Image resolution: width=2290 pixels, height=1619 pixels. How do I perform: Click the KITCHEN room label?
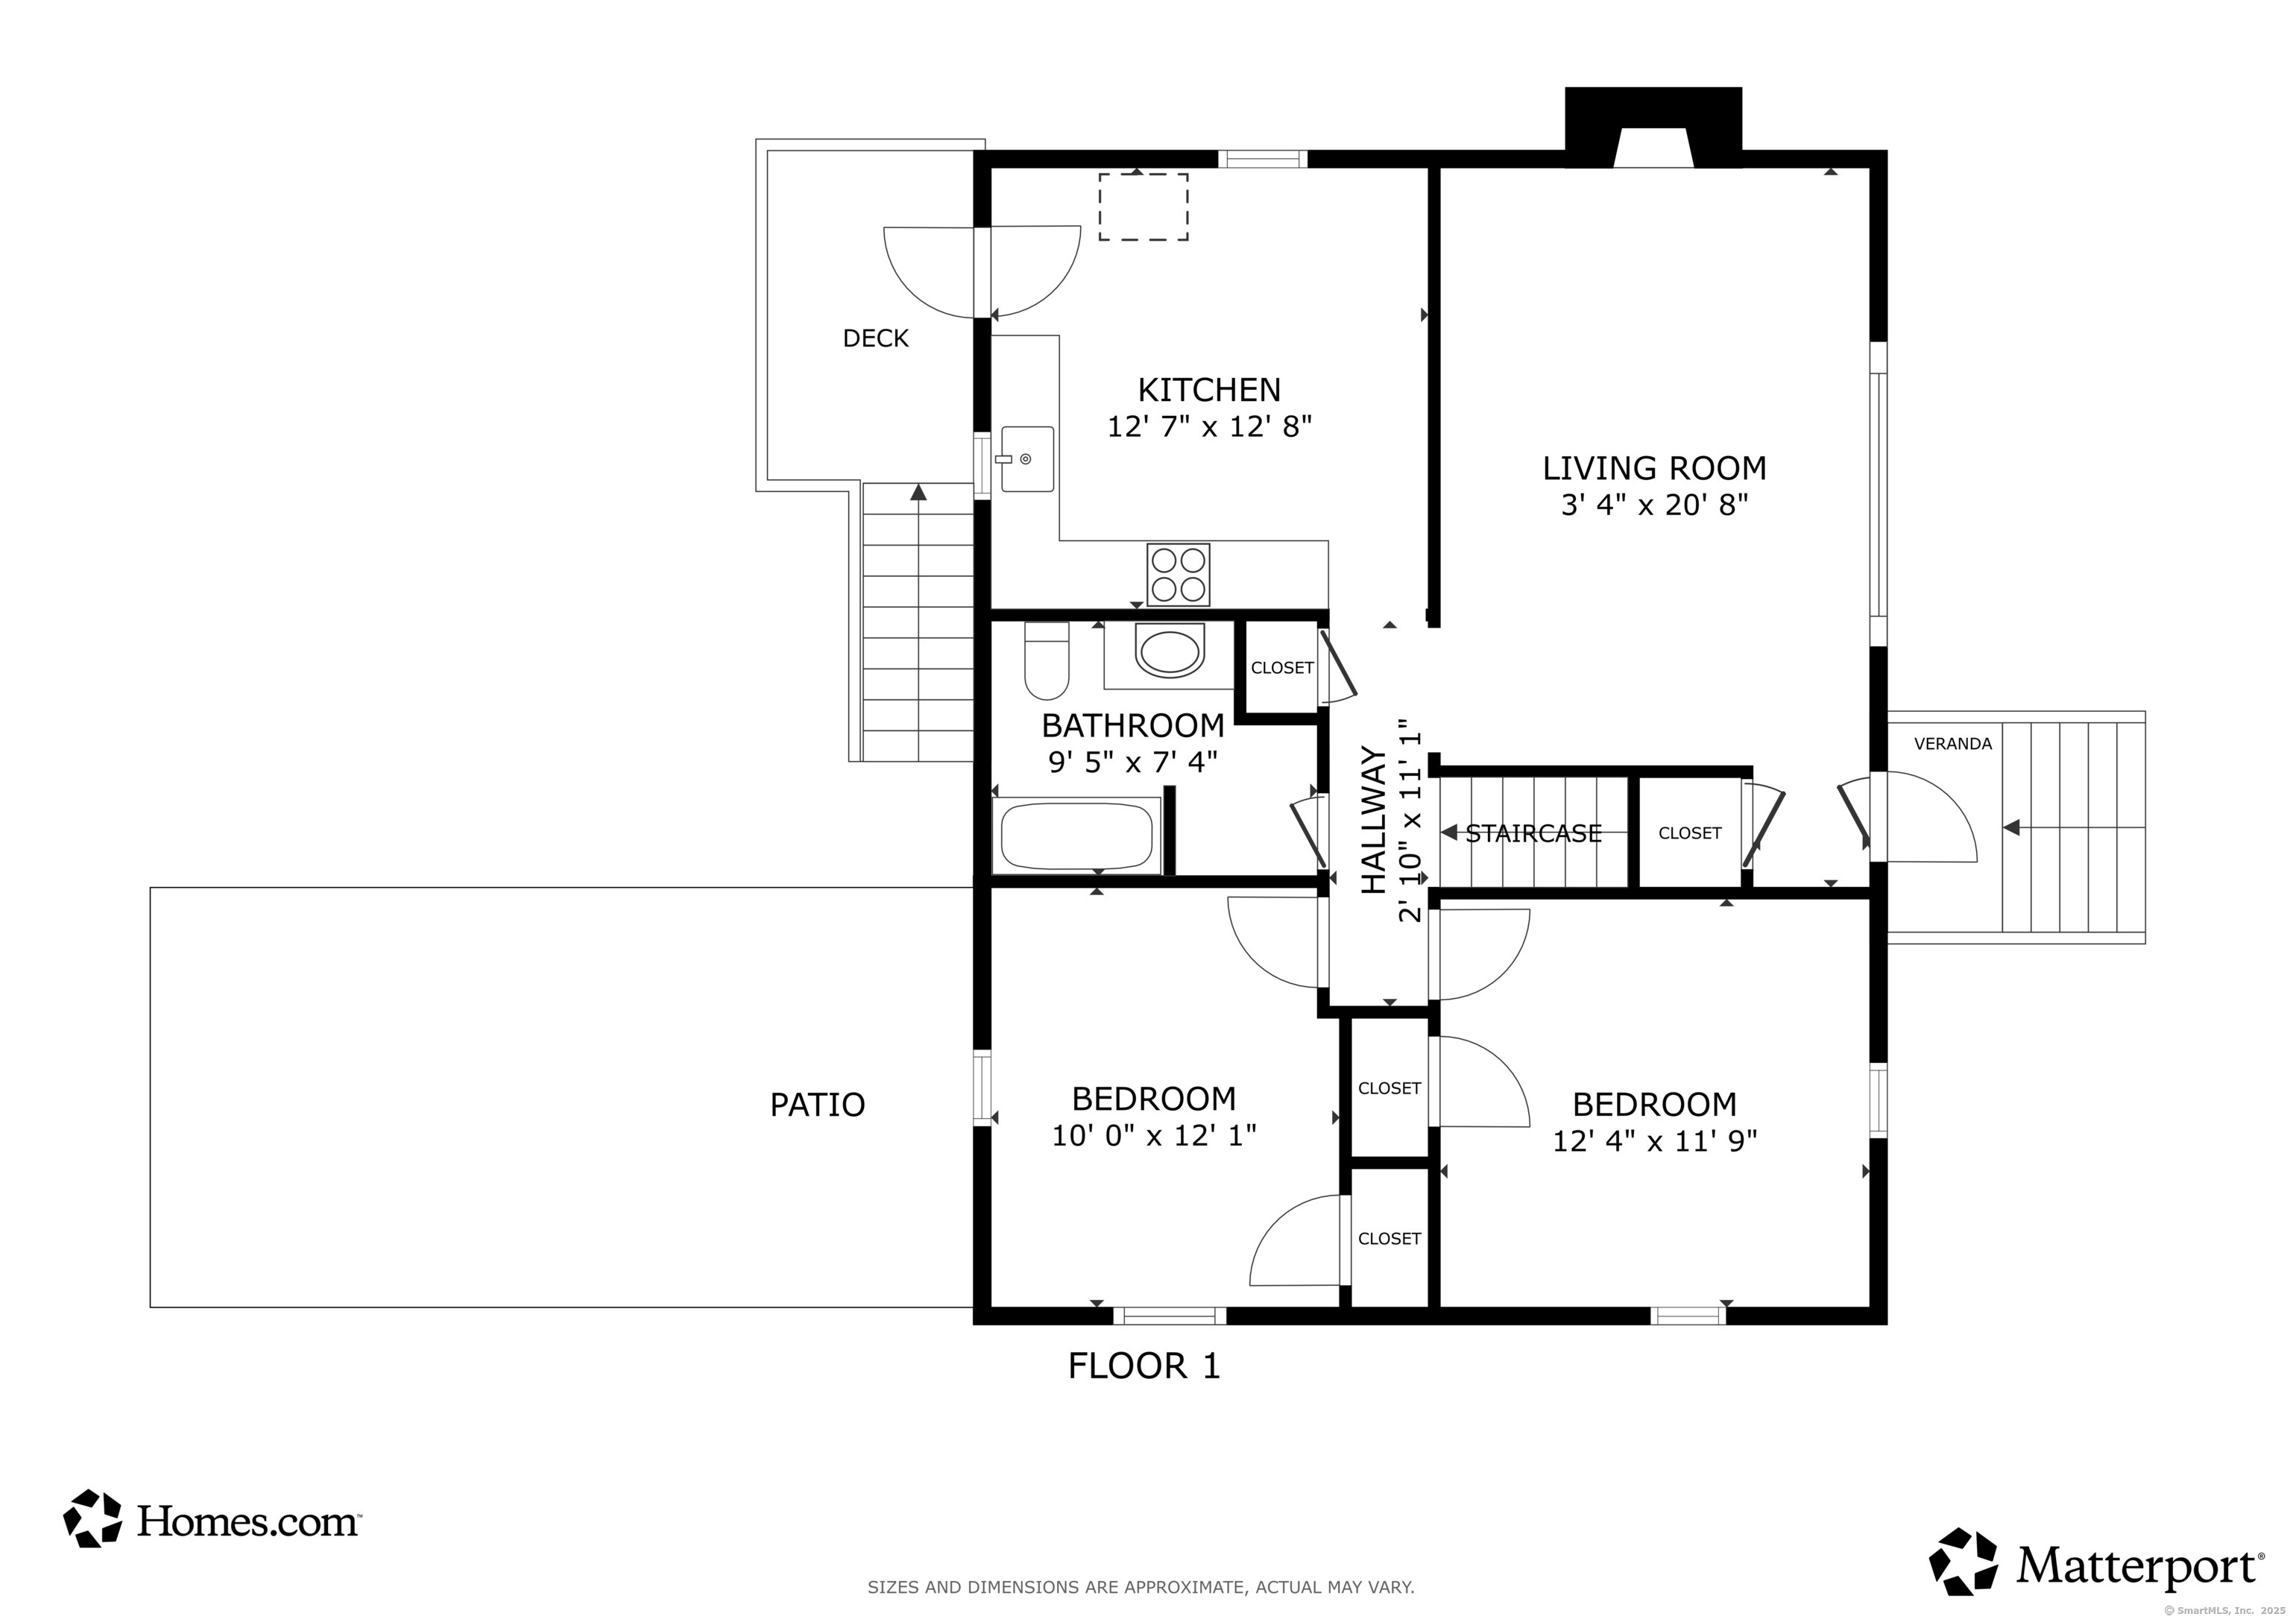[x=1209, y=389]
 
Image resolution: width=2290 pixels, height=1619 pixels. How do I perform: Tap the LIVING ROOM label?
[x=1653, y=468]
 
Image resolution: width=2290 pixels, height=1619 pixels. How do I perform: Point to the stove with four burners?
[x=1178, y=575]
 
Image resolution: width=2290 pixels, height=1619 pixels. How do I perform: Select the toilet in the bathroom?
[x=1047, y=660]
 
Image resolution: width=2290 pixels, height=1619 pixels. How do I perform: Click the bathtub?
[x=1076, y=835]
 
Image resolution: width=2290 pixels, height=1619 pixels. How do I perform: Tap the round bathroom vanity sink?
[x=1169, y=652]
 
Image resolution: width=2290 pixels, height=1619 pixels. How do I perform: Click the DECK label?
[x=876, y=338]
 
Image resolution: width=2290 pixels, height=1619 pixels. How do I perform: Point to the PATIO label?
[x=817, y=1104]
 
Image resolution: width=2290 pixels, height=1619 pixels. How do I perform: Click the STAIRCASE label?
[x=1533, y=833]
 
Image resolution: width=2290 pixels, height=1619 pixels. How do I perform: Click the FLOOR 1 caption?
[x=1144, y=1366]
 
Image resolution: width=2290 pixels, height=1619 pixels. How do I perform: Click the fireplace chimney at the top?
[x=1653, y=126]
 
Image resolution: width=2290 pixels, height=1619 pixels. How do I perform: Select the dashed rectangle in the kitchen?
[x=1143, y=206]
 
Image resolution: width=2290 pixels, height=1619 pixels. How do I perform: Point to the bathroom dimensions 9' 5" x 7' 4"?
[x=1133, y=762]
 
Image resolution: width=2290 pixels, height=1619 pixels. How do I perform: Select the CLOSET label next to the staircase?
[x=1690, y=833]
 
